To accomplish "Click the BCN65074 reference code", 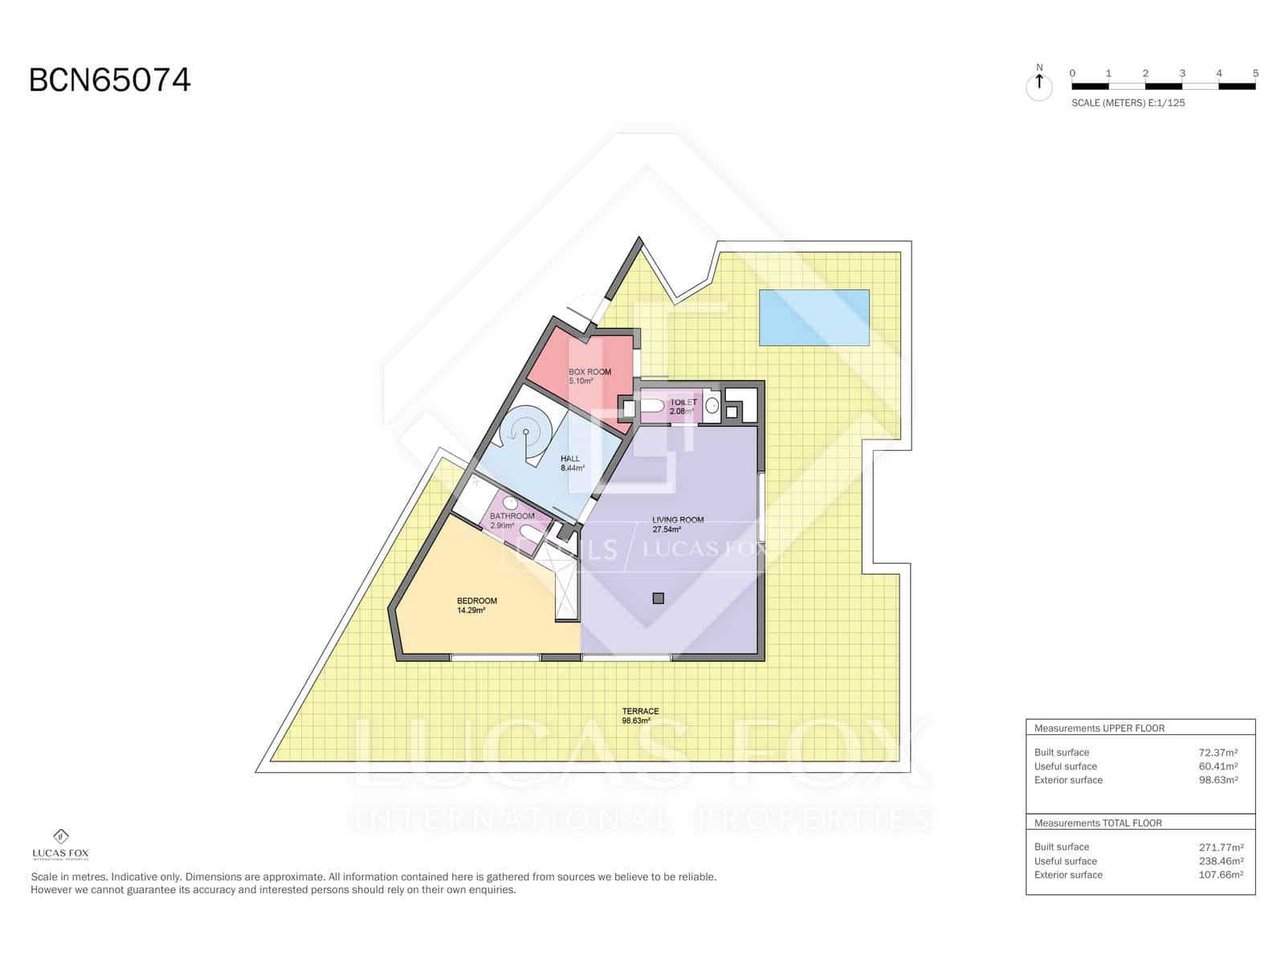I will [x=110, y=80].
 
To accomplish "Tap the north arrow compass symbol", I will [x=1039, y=84].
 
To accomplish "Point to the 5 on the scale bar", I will [x=1254, y=73].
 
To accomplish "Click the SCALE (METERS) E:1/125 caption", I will [x=1128, y=103].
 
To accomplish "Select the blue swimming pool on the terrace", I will [x=814, y=317].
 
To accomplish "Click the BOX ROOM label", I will [x=589, y=372].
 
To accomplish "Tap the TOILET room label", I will [x=683, y=402].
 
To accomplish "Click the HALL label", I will [x=570, y=459].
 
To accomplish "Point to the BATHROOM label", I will [x=512, y=516].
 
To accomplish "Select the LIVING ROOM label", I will [x=678, y=520].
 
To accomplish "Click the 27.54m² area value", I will [x=667, y=529].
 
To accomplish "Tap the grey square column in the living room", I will [x=659, y=598].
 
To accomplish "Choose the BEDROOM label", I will [x=477, y=601].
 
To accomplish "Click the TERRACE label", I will [x=640, y=711].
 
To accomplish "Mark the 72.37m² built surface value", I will [x=1218, y=753].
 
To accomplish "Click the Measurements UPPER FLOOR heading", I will [x=1099, y=729].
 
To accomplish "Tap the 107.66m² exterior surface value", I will [x=1221, y=875].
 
